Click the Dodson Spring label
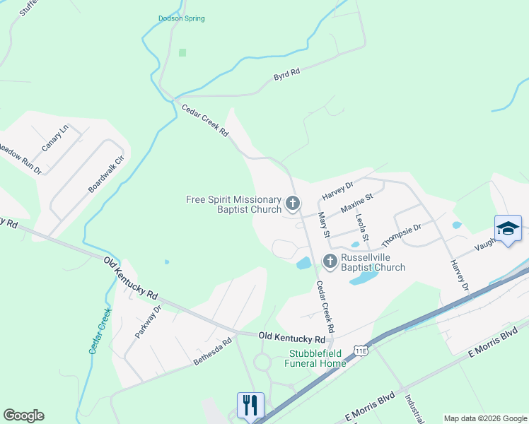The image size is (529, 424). pyautogui.click(x=181, y=18)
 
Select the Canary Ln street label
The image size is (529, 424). pyautogui.click(x=54, y=138)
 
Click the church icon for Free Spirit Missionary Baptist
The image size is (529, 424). pyautogui.click(x=293, y=204)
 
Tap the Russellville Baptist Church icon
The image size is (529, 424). pyautogui.click(x=330, y=261)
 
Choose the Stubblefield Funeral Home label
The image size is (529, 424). pyautogui.click(x=316, y=358)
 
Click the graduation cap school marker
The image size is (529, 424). pyautogui.click(x=508, y=229)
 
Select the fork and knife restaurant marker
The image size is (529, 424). pyautogui.click(x=250, y=406)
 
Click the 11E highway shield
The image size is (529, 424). pyautogui.click(x=361, y=349)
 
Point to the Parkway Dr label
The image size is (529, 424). pyautogui.click(x=149, y=322)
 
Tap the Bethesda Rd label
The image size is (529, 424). pyautogui.click(x=212, y=352)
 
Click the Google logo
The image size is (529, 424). pyautogui.click(x=23, y=416)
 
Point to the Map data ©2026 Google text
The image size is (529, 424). pyautogui.click(x=485, y=418)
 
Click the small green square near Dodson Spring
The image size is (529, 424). pyautogui.click(x=182, y=52)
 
